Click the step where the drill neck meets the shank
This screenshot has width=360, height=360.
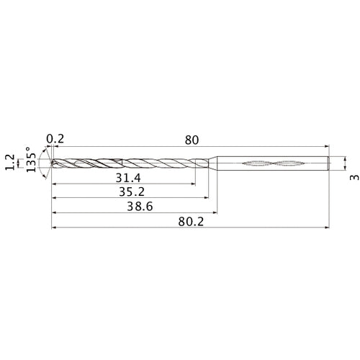point(216,163)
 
